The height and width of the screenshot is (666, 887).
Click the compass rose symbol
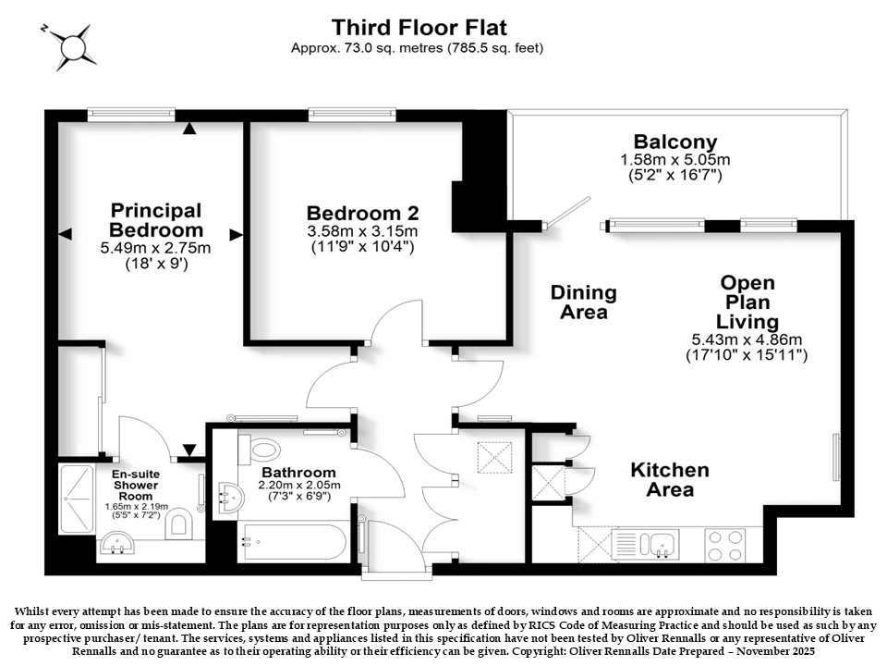pyautogui.click(x=72, y=46)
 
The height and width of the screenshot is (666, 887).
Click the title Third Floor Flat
pyautogui.click(x=419, y=27)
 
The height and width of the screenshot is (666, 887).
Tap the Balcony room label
pyautogui.click(x=674, y=142)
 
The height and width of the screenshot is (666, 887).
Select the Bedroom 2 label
pyautogui.click(x=362, y=214)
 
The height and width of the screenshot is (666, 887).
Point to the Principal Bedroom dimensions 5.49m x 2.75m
pyautogui.click(x=155, y=248)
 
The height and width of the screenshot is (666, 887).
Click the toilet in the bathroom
pyautogui.click(x=260, y=450)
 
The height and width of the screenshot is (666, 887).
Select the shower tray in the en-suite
pyautogui.click(x=77, y=499)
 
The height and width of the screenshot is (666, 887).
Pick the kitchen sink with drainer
pyautogui.click(x=646, y=545)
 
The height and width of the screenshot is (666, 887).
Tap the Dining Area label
pyautogui.click(x=583, y=302)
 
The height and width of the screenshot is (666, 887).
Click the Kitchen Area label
pyautogui.click(x=670, y=479)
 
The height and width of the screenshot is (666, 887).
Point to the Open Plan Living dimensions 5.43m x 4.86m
pyautogui.click(x=747, y=339)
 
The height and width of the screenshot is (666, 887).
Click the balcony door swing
pyautogui.click(x=567, y=213)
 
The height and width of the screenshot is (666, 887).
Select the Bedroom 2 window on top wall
pyautogui.click(x=352, y=115)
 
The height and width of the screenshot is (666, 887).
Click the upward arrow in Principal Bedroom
pyautogui.click(x=189, y=129)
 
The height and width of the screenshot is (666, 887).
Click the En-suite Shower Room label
pyautogui.click(x=136, y=485)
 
